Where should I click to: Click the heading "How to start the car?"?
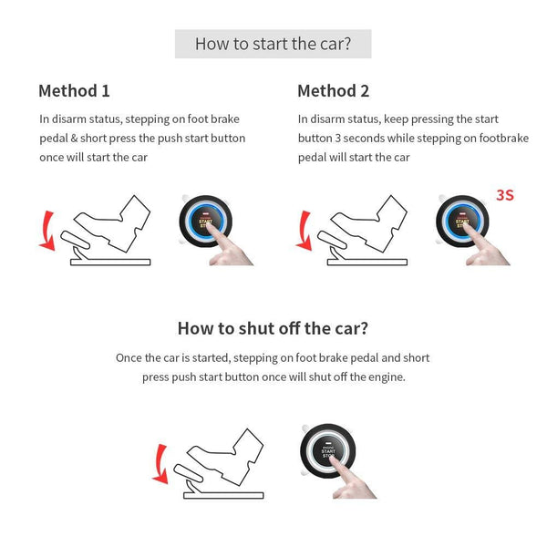tap(273, 44)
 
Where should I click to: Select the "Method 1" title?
tap(74, 91)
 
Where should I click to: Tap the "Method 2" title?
tap(333, 91)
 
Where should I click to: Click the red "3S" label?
tap(505, 195)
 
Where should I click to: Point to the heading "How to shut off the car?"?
tap(273, 328)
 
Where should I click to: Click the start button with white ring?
tap(329, 449)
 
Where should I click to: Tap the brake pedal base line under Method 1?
tap(110, 263)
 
